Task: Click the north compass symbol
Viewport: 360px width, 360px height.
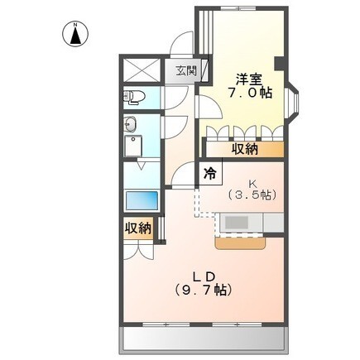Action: coord(75,35)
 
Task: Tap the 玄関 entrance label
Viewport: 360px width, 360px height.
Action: coord(186,71)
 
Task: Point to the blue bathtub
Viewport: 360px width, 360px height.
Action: coord(142,200)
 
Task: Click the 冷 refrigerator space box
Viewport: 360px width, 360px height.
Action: coord(210,173)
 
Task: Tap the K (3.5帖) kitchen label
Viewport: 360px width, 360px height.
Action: coord(252,190)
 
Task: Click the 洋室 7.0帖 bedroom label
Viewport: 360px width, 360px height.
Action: coord(250,86)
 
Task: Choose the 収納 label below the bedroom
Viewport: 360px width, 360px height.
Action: coord(244,149)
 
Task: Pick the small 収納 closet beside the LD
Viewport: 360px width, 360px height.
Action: coord(138,228)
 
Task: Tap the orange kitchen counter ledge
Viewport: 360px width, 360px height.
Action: coord(240,243)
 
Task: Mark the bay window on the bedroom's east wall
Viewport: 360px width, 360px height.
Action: coord(293,103)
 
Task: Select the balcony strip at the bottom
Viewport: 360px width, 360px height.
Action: coord(204,339)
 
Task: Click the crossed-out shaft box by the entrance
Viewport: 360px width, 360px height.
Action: coord(142,70)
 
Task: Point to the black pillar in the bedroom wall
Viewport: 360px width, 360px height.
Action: coord(279,64)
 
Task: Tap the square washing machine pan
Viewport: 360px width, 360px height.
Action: coord(133,146)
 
